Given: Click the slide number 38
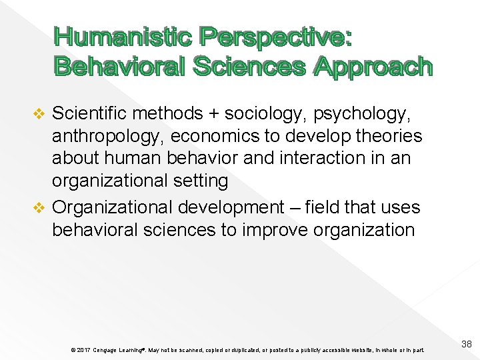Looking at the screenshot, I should (467, 344).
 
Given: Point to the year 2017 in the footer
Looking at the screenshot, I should (83, 350).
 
